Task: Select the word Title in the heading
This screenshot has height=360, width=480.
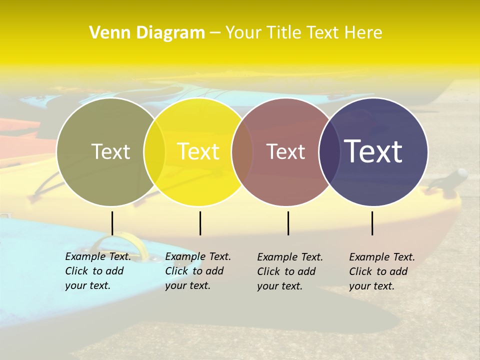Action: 282,33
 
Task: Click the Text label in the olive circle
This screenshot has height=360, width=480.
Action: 110,151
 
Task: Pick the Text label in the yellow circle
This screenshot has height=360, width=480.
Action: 198,151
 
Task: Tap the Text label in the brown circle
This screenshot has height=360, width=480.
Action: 285,151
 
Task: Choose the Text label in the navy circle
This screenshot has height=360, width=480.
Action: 373,151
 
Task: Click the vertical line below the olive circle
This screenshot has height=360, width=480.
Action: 112,223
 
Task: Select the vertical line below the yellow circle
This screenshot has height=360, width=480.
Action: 200,223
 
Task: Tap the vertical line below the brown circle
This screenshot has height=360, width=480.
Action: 288,223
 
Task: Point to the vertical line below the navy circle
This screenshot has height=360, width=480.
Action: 372,223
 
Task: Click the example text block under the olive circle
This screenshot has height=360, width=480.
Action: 97,271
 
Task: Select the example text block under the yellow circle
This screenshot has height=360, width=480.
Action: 197,271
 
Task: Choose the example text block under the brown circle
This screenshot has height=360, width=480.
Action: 289,271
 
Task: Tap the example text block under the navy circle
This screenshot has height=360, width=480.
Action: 381,271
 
